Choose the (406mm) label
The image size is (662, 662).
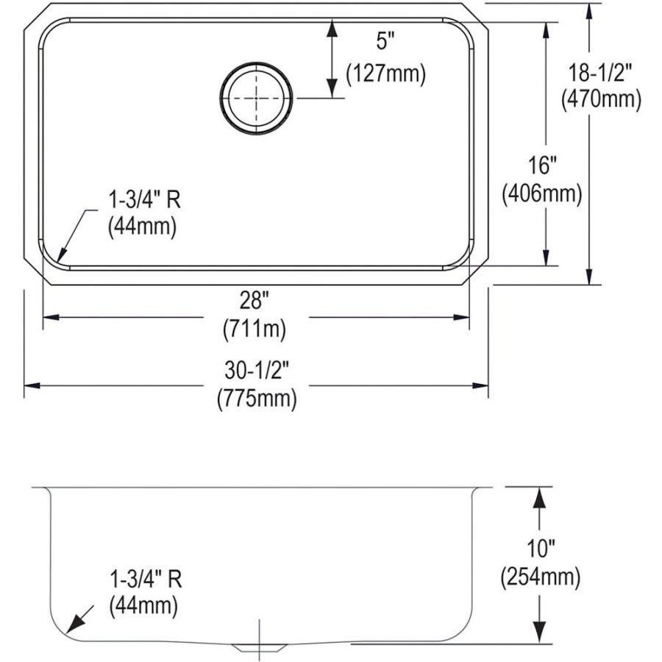(541, 193)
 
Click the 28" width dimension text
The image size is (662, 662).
(255, 300)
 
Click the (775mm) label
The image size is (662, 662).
(256, 399)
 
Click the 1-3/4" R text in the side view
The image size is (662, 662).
(144, 578)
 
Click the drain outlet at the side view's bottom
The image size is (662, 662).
(257, 646)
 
